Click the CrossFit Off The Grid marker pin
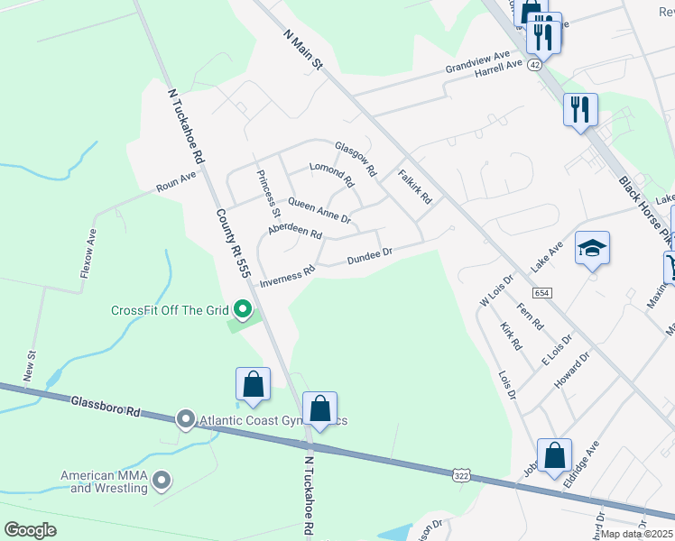click(x=243, y=310)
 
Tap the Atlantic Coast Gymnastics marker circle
click(x=185, y=419)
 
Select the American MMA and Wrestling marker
click(x=162, y=480)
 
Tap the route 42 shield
click(x=536, y=65)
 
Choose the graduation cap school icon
click(x=592, y=249)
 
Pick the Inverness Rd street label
click(x=287, y=276)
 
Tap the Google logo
click(x=31, y=529)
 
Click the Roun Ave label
click(x=176, y=180)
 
